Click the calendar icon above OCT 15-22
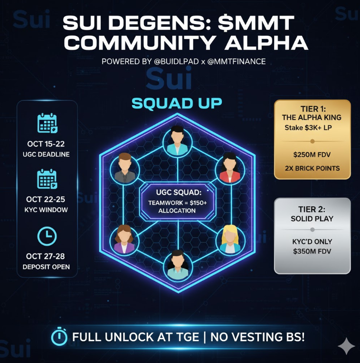47,123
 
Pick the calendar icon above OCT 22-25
47,180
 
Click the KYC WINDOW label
47,210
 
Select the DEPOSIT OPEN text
47,267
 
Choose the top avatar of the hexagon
177,138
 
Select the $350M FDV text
312,251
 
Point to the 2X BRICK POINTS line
312,168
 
